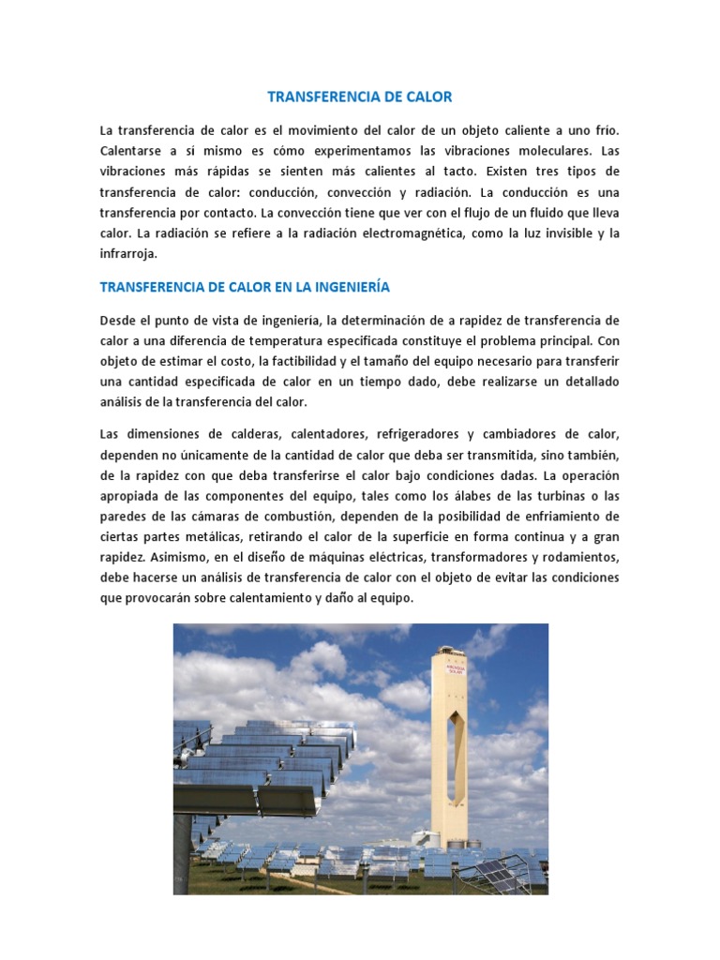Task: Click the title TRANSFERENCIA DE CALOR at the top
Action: (360, 97)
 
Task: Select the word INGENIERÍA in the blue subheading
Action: (343, 287)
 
